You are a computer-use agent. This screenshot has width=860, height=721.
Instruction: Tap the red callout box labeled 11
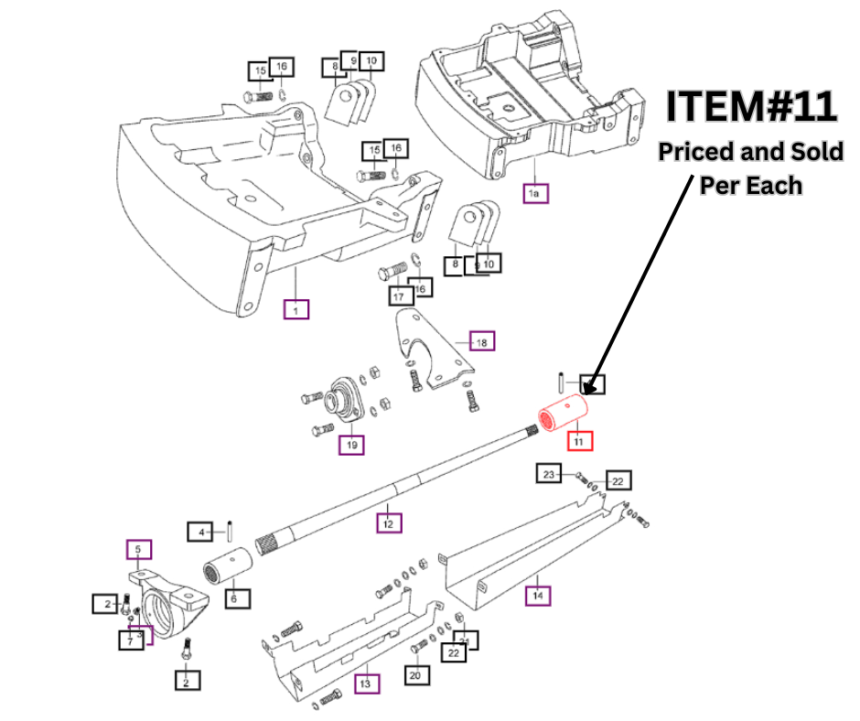coord(578,440)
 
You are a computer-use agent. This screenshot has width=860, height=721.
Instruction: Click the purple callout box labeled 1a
coord(535,193)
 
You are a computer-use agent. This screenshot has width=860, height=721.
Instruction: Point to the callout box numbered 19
coord(351,446)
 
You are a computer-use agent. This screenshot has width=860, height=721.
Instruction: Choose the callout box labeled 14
coord(538,597)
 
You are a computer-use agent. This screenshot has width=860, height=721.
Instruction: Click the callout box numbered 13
coord(365,683)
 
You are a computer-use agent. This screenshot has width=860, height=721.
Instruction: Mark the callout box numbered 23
coord(549,474)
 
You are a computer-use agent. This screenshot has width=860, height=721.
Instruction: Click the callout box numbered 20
coord(417,674)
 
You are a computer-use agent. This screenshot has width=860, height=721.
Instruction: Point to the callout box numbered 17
coord(399,296)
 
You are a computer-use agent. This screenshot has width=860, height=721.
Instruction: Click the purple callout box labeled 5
coord(139,549)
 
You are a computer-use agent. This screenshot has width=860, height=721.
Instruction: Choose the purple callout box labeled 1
coord(296,309)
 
